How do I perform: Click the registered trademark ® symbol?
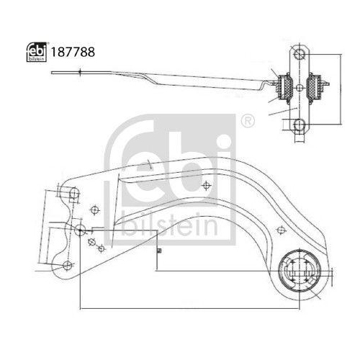247,119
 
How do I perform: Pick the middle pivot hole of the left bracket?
80,230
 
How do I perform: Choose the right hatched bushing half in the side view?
315,88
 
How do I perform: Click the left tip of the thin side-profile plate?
52,72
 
